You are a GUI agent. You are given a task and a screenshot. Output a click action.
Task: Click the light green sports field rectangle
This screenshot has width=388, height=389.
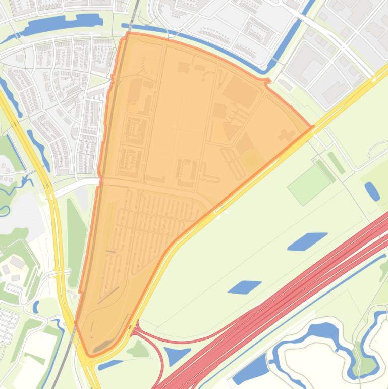(x=309, y=185)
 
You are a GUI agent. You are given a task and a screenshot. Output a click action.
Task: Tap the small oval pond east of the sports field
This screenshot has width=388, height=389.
(x=372, y=191)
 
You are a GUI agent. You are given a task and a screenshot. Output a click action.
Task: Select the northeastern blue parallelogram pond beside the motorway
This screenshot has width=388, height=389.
(x=307, y=241)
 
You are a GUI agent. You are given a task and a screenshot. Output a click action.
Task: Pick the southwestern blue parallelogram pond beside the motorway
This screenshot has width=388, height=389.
(x=245, y=287)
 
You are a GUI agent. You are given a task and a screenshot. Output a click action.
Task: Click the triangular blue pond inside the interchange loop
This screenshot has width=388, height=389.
(x=177, y=355)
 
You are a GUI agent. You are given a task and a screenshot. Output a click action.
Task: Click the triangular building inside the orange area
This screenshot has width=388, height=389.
(x=231, y=132)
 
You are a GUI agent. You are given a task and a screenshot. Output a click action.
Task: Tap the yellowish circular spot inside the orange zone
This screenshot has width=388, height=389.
(x=251, y=160)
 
